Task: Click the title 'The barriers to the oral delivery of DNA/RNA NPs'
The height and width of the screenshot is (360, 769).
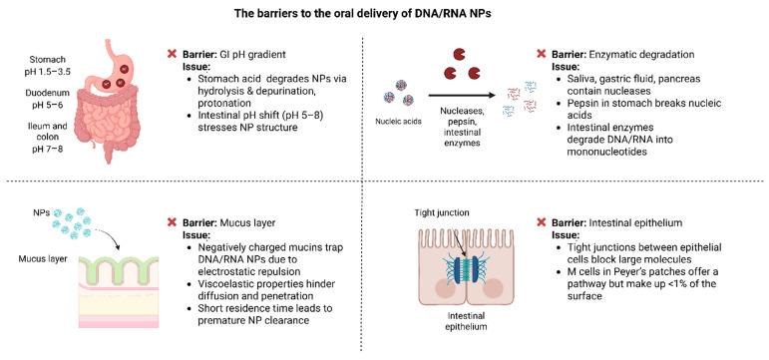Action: coord(384,13)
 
